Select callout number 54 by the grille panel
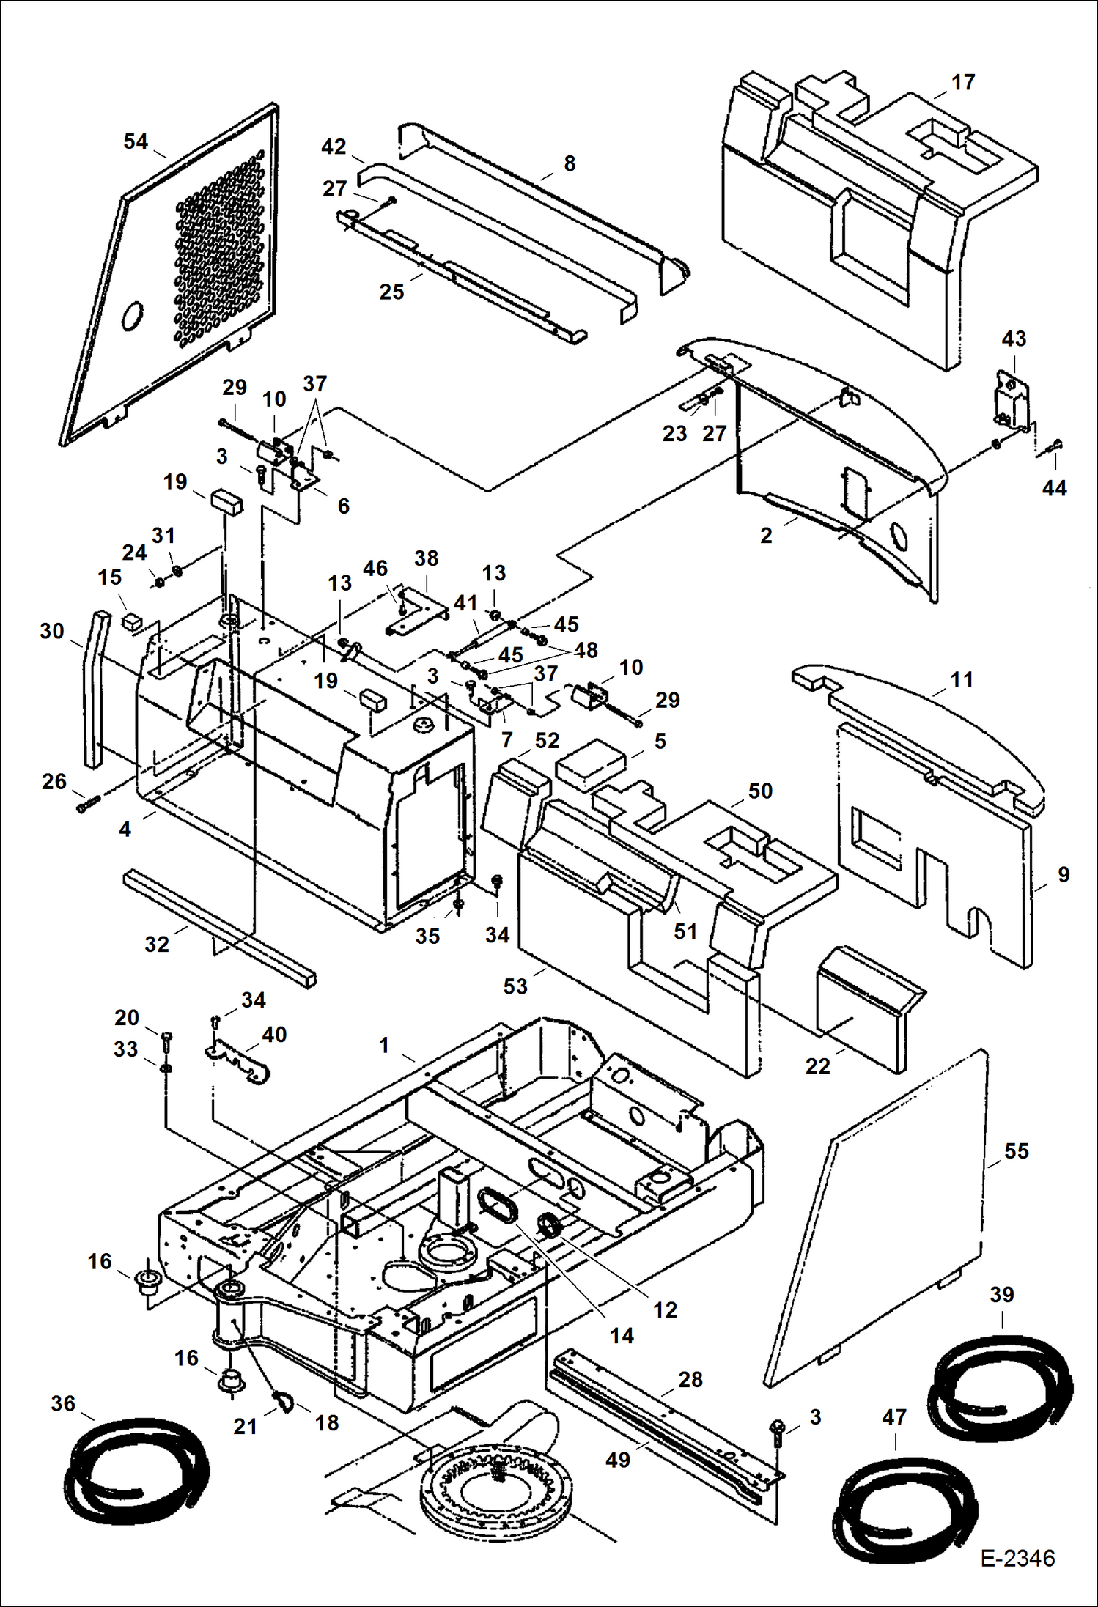point(136,141)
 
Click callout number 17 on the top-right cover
point(963,82)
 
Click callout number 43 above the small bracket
point(1014,339)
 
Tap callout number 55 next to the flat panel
point(1016,1150)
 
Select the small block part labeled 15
point(131,621)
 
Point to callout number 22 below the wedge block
point(817,1065)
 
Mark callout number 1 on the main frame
point(384,1045)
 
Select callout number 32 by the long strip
point(156,944)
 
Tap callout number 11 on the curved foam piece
point(961,679)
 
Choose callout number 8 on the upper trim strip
point(570,163)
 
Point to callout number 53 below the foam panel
point(515,986)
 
